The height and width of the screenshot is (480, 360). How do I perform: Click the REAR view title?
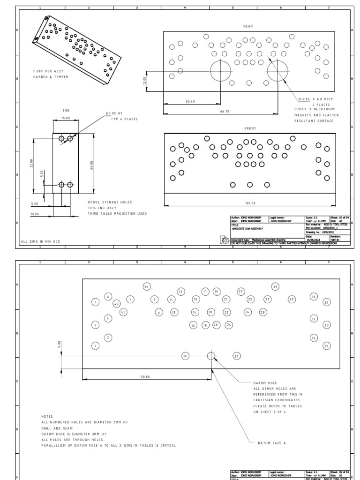248,27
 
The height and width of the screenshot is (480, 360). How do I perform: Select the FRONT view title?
250,128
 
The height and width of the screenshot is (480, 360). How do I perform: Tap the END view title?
66,111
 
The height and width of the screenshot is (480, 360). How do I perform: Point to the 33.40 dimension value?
190,101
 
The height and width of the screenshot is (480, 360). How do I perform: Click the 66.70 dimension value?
225,112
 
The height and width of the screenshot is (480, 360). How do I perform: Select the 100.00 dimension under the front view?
250,203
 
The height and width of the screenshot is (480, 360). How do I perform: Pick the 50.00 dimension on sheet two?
145,376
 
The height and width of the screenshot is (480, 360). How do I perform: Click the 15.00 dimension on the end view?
66,118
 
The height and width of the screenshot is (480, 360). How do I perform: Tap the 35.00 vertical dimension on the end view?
92,165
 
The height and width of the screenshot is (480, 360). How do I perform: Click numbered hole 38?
147,287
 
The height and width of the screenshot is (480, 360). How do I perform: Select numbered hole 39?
276,287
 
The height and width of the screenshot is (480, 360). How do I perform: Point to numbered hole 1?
95,346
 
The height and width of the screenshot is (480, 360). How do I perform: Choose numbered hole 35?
327,346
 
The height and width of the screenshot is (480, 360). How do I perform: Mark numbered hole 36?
186,356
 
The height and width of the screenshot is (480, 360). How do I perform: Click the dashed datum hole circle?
211,356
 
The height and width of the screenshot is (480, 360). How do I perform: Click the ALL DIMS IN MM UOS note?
40,241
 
